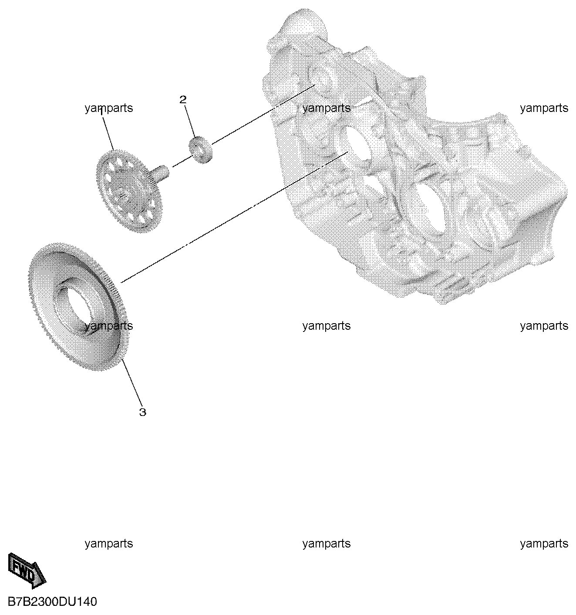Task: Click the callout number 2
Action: click(x=183, y=100)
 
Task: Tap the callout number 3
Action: click(x=143, y=412)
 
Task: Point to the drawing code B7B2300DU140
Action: click(x=52, y=601)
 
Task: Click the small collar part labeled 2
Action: click(x=200, y=149)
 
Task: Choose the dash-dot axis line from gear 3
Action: click(x=234, y=217)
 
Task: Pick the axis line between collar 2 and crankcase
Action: click(x=263, y=114)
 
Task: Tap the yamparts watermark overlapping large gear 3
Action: click(x=109, y=326)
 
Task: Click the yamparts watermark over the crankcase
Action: click(x=327, y=108)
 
